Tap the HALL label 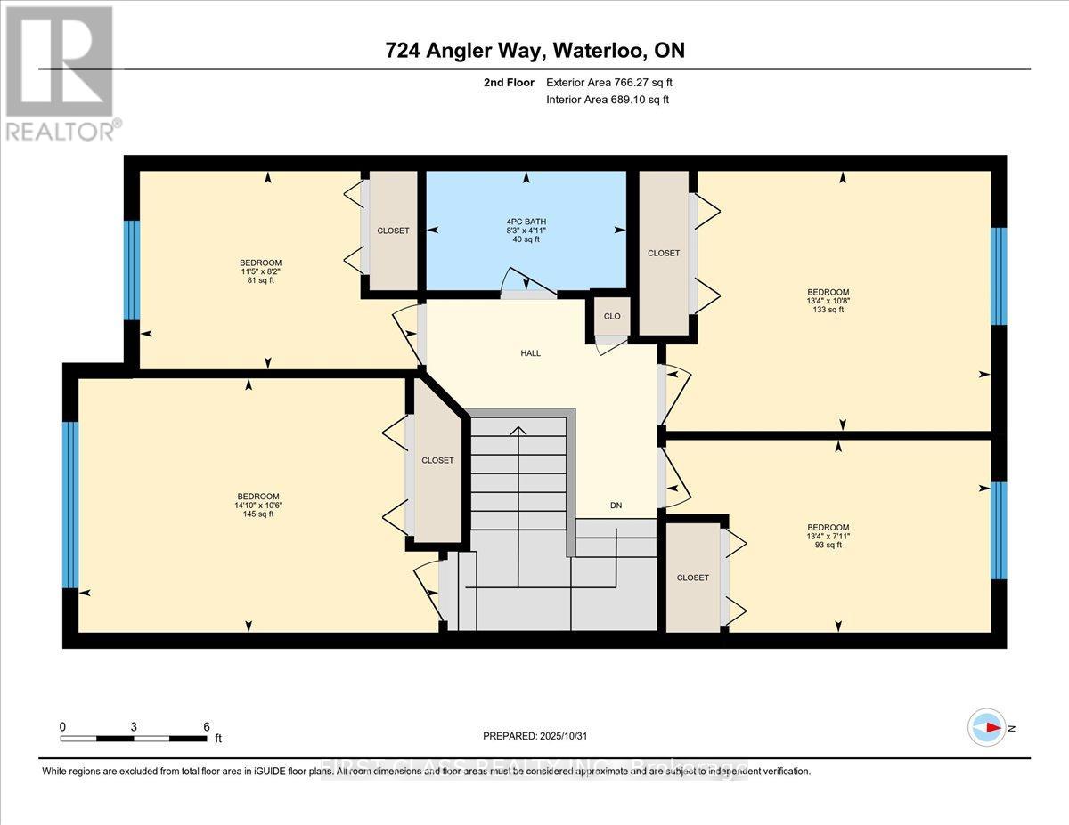531,353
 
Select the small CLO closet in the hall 612,317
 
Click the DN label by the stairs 616,506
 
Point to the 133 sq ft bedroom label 828,301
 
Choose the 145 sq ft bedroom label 258,505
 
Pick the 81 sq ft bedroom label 260,271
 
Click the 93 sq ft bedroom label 828,536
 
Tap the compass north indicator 987,727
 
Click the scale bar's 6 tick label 206,726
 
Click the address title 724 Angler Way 534,51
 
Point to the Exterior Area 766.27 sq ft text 609,83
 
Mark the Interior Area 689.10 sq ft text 608,100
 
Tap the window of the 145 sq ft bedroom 70,505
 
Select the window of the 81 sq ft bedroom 132,270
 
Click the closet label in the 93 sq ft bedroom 692,578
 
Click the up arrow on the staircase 516,432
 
